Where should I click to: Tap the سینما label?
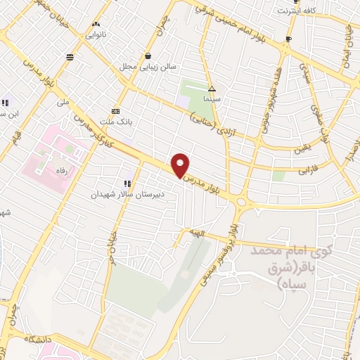213,101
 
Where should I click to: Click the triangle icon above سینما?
212,89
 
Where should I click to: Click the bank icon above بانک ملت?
116,110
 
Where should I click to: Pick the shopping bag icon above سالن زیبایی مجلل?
147,56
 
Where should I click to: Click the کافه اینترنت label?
293,11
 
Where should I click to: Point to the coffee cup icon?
288,39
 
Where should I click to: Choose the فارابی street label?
308,170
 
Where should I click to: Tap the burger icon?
69,57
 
